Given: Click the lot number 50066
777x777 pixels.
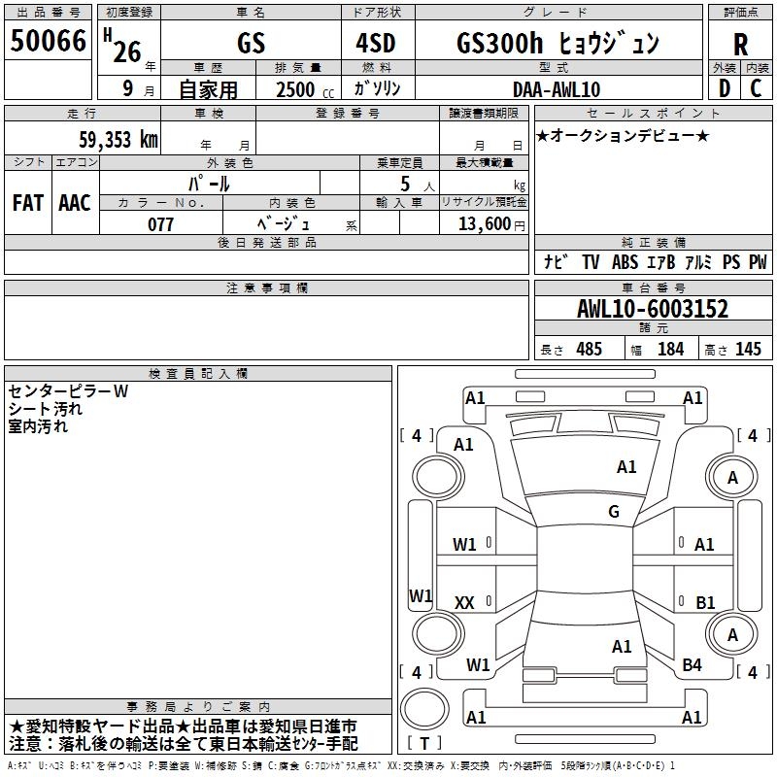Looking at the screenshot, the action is [x=49, y=41].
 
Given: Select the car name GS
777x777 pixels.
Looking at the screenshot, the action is [x=251, y=44].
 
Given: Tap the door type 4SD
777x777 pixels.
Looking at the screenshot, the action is [x=379, y=44].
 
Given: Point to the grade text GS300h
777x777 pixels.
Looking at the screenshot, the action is [x=493, y=44].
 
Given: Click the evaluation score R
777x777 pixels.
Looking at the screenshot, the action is [x=741, y=45].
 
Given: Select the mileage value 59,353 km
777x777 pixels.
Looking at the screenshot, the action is [x=119, y=139].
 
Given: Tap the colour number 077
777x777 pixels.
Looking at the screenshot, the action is [x=160, y=224].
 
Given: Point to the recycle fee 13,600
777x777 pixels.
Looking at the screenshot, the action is [x=482, y=224].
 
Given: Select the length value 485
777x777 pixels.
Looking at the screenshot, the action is [x=588, y=350].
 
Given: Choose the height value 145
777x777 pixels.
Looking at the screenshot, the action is [x=748, y=350].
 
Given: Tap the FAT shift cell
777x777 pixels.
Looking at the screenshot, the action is [x=27, y=203].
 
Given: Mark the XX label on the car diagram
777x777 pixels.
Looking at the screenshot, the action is [x=464, y=603].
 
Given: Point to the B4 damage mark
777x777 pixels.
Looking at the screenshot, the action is [x=692, y=665].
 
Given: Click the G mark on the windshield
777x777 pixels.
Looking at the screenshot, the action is [x=613, y=512].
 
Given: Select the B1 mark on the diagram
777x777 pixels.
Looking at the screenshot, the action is [x=705, y=603].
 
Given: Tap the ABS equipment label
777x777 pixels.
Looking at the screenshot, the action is [x=625, y=262].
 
